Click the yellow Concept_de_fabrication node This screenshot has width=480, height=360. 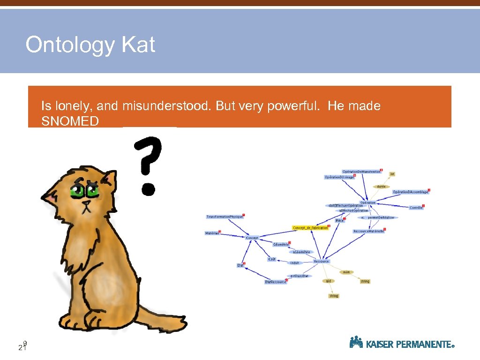[x=310, y=228]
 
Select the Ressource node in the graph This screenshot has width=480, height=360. [x=321, y=261]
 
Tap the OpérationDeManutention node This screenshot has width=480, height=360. [x=361, y=172]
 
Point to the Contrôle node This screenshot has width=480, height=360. [x=416, y=208]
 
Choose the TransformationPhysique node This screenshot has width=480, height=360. [x=225, y=217]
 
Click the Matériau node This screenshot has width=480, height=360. [x=212, y=233]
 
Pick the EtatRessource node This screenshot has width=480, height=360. [x=275, y=282]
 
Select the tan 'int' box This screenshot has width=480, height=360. [x=392, y=174]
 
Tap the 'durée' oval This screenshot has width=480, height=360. [x=381, y=186]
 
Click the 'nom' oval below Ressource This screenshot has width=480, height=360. [x=346, y=272]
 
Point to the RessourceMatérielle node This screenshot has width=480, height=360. [x=368, y=231]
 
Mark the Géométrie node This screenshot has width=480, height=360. [x=281, y=244]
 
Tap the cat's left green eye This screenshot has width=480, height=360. [x=76, y=191]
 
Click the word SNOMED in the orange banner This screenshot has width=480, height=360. [x=70, y=121]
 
